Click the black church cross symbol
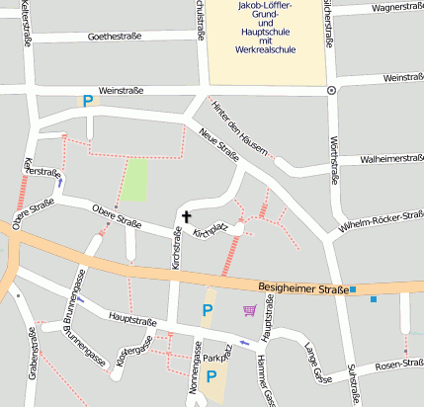click(186, 215)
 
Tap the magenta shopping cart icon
click(249, 310)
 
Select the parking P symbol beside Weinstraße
click(88, 100)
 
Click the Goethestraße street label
click(115, 37)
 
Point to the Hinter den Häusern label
click(240, 126)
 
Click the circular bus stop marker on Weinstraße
click(331, 90)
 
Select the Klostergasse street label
click(134, 353)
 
